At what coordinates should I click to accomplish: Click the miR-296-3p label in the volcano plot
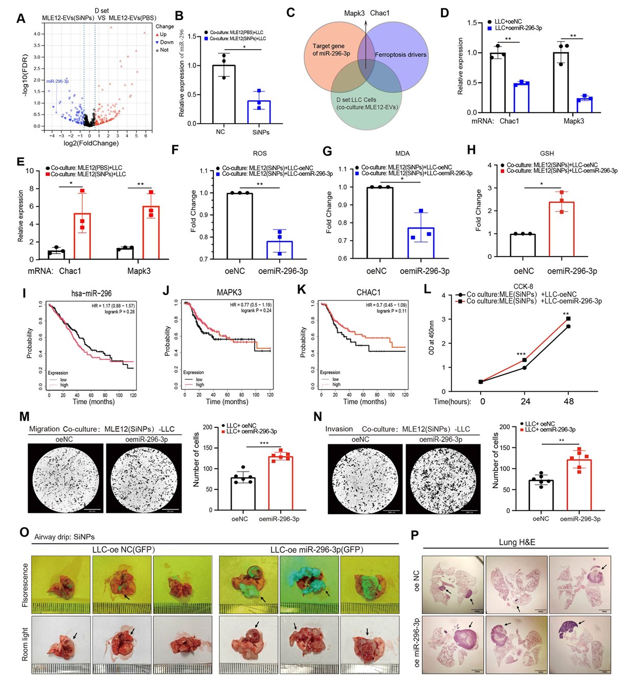[57, 81]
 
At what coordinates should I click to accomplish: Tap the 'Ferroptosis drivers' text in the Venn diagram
[400, 55]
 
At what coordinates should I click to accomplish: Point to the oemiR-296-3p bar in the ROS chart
[279, 250]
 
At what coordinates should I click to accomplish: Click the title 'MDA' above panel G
[402, 153]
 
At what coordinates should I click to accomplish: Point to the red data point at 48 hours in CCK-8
[568, 319]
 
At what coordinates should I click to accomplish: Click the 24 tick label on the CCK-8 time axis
[525, 401]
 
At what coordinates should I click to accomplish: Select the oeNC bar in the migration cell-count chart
[243, 493]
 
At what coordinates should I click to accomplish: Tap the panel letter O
[24, 532]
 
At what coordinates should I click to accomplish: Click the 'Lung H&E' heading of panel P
[516, 542]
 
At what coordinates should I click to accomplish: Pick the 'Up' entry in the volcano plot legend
[163, 35]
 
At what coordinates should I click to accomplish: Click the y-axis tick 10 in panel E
[30, 171]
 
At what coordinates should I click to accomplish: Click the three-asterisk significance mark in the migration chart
[264, 443]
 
